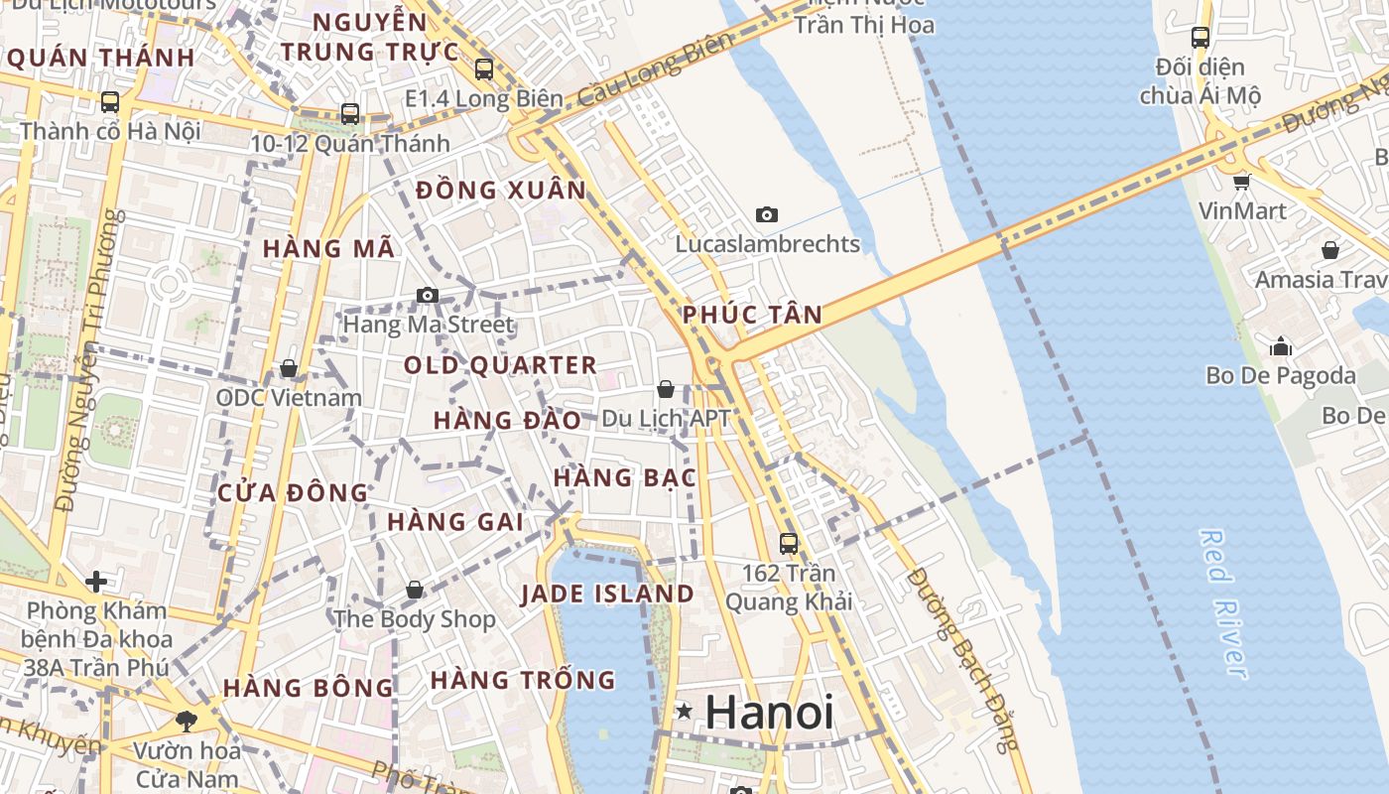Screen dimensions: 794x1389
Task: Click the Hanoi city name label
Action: tap(769, 712)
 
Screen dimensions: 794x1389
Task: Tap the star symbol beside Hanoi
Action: tap(685, 712)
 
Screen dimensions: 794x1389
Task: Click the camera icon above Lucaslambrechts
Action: tap(767, 214)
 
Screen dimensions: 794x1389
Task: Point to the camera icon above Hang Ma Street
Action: tap(428, 295)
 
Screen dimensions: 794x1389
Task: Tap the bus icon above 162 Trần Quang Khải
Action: tap(789, 544)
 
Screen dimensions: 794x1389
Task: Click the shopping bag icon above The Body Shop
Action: tap(415, 591)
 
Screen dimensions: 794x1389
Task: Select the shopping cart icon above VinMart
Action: tap(1242, 182)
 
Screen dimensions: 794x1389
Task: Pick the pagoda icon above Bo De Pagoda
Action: tap(1281, 346)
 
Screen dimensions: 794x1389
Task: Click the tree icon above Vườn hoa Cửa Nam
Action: tap(186, 721)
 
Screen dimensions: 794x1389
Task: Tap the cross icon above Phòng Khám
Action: tap(96, 581)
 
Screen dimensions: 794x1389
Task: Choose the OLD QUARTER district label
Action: tap(500, 365)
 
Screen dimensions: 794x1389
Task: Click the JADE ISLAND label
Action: tap(607, 595)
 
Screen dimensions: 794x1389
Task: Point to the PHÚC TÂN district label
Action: tap(752, 316)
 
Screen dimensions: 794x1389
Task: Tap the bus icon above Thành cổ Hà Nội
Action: tap(110, 101)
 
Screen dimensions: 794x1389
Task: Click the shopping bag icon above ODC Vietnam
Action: tap(289, 368)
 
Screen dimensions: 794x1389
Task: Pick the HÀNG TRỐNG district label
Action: tap(523, 681)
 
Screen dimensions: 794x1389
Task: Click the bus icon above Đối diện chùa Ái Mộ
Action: tap(1200, 38)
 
